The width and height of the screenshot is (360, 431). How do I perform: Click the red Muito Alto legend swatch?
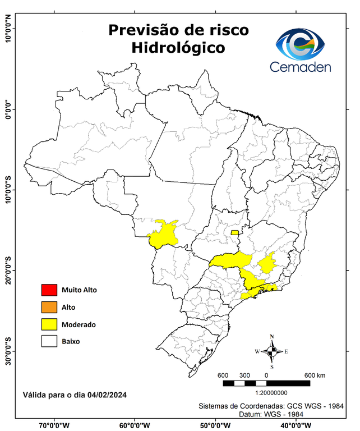click(49, 290)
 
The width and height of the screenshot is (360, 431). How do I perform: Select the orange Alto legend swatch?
click(49, 307)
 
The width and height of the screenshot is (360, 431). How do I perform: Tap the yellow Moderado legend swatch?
click(49, 324)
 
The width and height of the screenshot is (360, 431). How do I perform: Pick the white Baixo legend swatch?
click(49, 341)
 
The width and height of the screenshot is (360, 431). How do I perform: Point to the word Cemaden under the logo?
click(301, 67)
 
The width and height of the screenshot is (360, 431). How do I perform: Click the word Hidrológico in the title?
click(178, 48)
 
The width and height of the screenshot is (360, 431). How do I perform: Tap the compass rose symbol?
click(272, 351)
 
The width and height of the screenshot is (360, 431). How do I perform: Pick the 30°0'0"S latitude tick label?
click(8, 351)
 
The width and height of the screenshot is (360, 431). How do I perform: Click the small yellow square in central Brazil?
click(234, 232)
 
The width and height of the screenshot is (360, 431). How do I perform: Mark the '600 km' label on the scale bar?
click(315, 375)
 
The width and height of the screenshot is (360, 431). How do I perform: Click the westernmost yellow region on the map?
click(163, 235)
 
